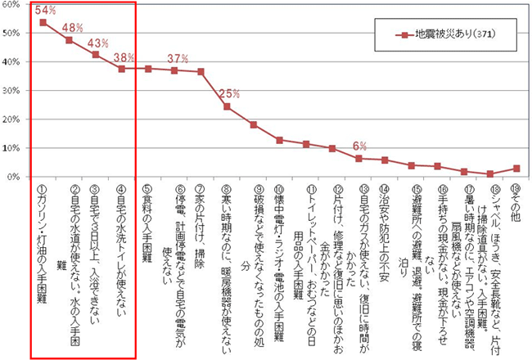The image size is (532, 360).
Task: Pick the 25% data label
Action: tap(229, 92)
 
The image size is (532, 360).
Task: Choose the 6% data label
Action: tap(358, 146)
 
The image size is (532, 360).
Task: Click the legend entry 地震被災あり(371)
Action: tap(441, 35)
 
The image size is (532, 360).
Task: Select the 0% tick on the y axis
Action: tap(13, 177)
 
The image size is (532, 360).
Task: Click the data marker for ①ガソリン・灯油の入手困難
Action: tap(43, 22)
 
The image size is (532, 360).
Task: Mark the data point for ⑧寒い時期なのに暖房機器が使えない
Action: tap(227, 106)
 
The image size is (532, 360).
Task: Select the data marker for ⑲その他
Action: tap(516, 169)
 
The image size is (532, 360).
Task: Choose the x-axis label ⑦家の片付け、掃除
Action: tap(201, 221)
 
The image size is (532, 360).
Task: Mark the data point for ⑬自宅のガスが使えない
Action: tap(358, 159)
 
